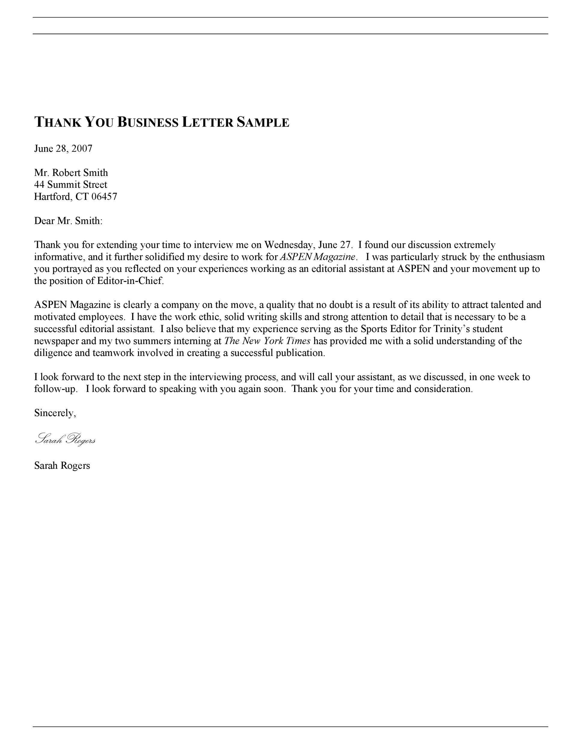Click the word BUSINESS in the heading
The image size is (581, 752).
(148, 123)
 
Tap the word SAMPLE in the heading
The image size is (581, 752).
(263, 123)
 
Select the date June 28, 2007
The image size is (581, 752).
(63, 149)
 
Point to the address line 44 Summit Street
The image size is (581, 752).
(71, 185)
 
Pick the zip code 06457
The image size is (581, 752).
(104, 197)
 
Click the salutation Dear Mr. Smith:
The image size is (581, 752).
(68, 221)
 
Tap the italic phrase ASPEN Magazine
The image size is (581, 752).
(317, 257)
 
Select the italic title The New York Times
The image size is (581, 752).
(267, 341)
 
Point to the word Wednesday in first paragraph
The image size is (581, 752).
(288, 245)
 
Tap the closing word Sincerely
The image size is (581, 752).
(54, 413)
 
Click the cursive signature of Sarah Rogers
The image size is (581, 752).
(65, 439)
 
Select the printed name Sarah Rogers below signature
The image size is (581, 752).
(62, 466)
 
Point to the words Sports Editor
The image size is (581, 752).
(388, 329)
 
